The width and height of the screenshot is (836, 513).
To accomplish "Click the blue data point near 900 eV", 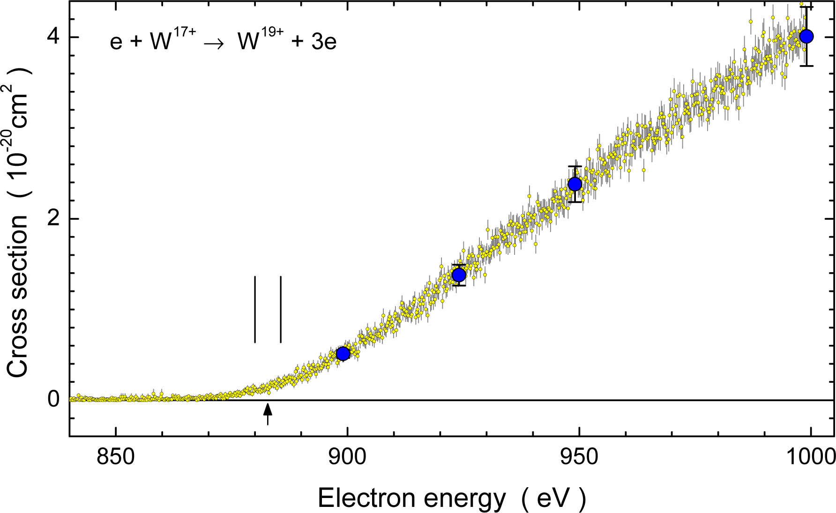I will [343, 353].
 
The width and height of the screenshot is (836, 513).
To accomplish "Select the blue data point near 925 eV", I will [459, 275].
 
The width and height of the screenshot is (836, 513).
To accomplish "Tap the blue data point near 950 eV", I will [575, 184].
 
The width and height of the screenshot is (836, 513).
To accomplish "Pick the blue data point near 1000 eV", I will [806, 36].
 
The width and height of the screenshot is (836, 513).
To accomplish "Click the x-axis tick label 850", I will [116, 457].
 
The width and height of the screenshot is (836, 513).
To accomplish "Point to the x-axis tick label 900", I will [347, 457].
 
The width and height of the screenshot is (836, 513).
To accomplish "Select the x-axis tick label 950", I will [580, 457].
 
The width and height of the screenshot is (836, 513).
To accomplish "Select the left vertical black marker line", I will [255, 309].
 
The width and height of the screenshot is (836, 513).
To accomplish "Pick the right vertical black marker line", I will [281, 309].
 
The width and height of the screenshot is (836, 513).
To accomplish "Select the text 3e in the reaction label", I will [324, 43].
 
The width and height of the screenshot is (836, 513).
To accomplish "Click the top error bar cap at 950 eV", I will [575, 166].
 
